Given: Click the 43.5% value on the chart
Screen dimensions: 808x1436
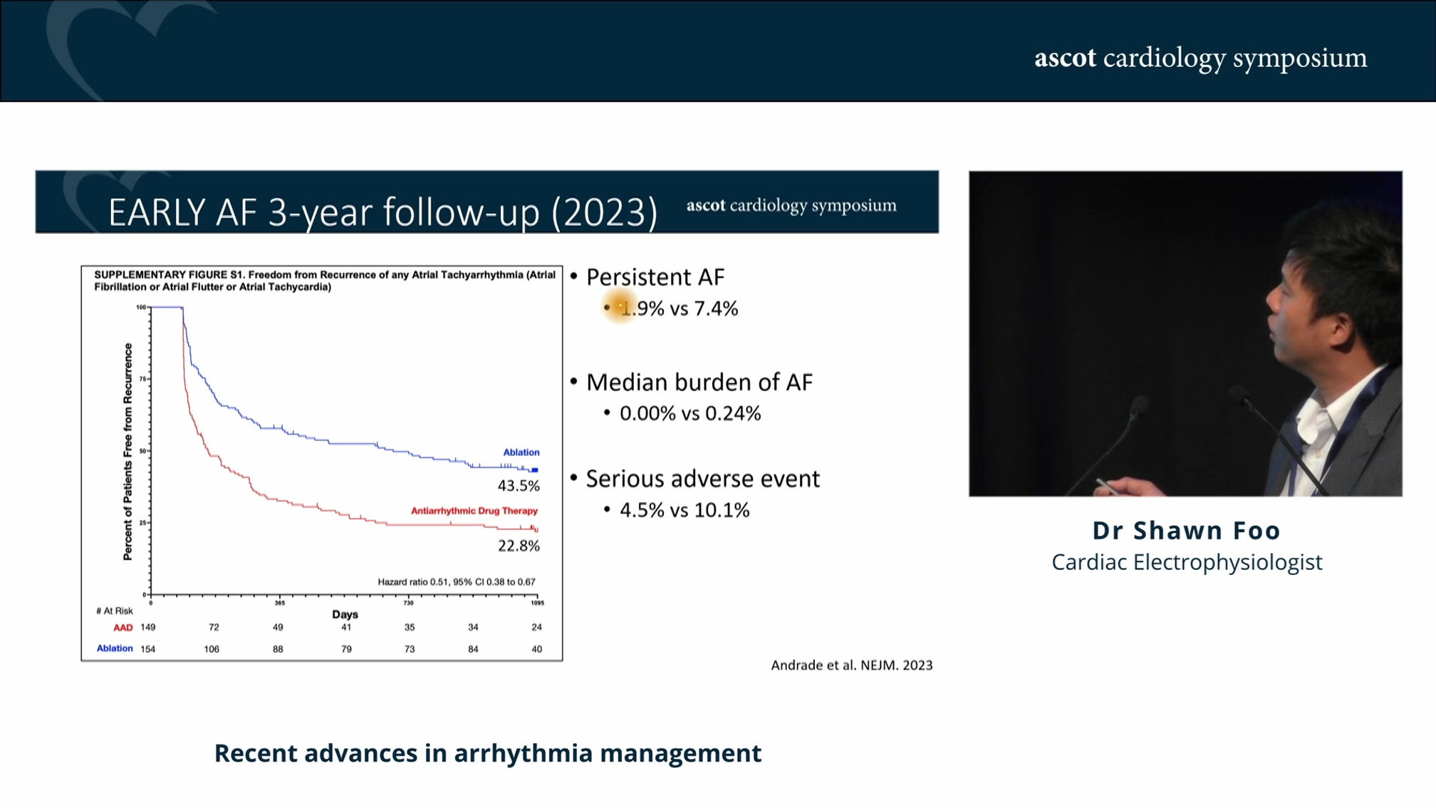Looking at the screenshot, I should pos(519,486).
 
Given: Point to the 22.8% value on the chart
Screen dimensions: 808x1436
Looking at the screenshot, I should pos(519,546).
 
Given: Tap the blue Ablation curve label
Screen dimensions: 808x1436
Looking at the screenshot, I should pos(521,452).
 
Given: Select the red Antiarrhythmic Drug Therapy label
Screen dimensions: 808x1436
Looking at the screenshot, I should pos(474,511).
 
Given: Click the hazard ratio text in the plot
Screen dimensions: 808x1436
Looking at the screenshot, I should pos(456,582).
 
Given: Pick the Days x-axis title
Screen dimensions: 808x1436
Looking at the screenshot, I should pos(345,614).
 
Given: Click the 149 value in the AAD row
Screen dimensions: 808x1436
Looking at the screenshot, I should pos(147,628).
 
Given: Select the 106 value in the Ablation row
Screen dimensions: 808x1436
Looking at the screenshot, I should pos(212,649).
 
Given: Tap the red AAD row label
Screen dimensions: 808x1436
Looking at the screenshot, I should pos(123,628).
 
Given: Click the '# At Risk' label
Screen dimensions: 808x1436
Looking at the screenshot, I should pos(115,611).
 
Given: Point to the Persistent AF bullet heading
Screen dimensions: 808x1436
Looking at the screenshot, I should pos(655,277).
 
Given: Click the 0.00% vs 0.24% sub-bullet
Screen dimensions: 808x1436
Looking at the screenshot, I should pos(690,413).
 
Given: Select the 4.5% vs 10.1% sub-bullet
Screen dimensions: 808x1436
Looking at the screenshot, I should pos(684,510).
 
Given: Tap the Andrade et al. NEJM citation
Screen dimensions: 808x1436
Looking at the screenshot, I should pos(851,665).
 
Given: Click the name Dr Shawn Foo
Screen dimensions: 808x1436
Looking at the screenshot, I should pos(1186,530).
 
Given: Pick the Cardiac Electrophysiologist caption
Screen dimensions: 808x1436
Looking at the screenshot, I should pos(1187,562).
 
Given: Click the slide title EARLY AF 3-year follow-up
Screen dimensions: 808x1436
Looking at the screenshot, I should pos(383,212).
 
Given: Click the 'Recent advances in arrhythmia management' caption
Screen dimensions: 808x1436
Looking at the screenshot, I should pos(488,753).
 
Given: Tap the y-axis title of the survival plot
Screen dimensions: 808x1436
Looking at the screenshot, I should pos(128,452).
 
